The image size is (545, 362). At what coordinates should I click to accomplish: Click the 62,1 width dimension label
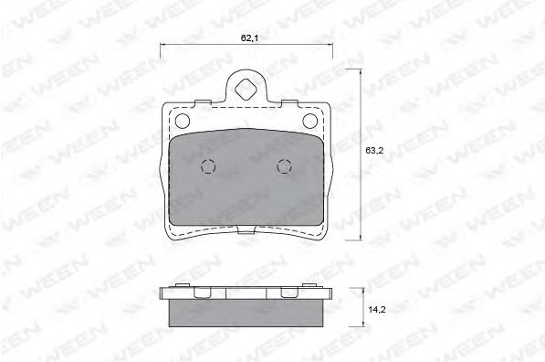[x=249, y=38]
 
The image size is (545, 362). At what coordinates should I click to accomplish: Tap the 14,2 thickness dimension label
[x=377, y=309]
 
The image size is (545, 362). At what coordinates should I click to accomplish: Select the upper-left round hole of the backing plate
[x=183, y=121]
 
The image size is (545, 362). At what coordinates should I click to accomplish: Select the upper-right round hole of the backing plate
[x=310, y=121]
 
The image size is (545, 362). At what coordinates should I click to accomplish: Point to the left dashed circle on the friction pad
[x=208, y=166]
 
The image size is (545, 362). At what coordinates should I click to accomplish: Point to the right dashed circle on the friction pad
[x=284, y=166]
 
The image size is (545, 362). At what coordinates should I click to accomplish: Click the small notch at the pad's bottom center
[x=246, y=229]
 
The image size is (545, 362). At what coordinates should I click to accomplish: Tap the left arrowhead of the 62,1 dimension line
[x=162, y=44]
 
